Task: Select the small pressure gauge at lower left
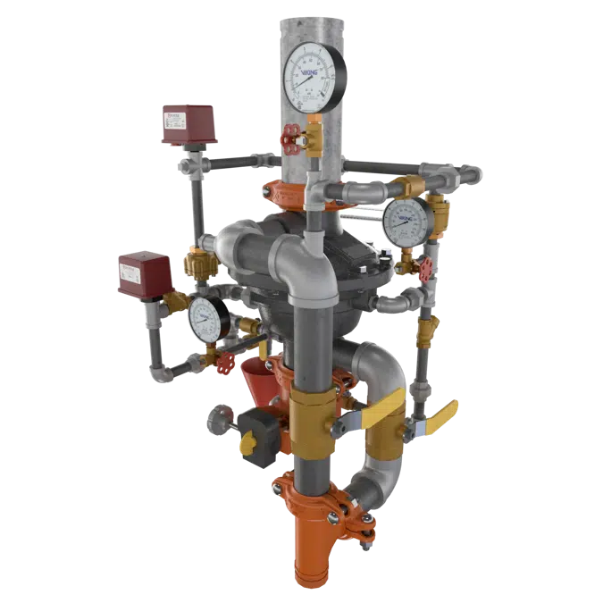pyautogui.click(x=207, y=317)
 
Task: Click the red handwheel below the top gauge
pyautogui.click(x=288, y=139)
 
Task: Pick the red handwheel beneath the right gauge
pyautogui.click(x=426, y=269)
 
